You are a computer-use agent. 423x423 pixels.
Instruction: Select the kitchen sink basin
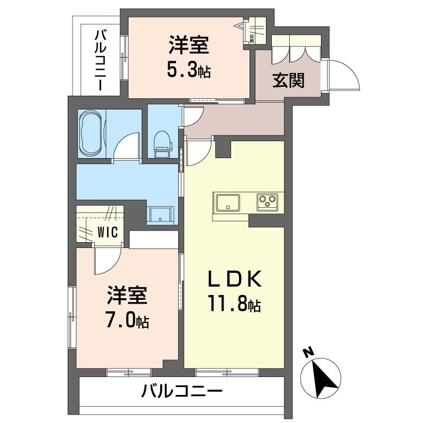[x=227, y=203]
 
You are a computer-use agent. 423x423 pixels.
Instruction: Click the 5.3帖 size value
[x=189, y=70]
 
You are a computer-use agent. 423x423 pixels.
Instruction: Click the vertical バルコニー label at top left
[x=100, y=59]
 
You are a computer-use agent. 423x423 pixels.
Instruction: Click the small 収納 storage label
[x=253, y=38]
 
